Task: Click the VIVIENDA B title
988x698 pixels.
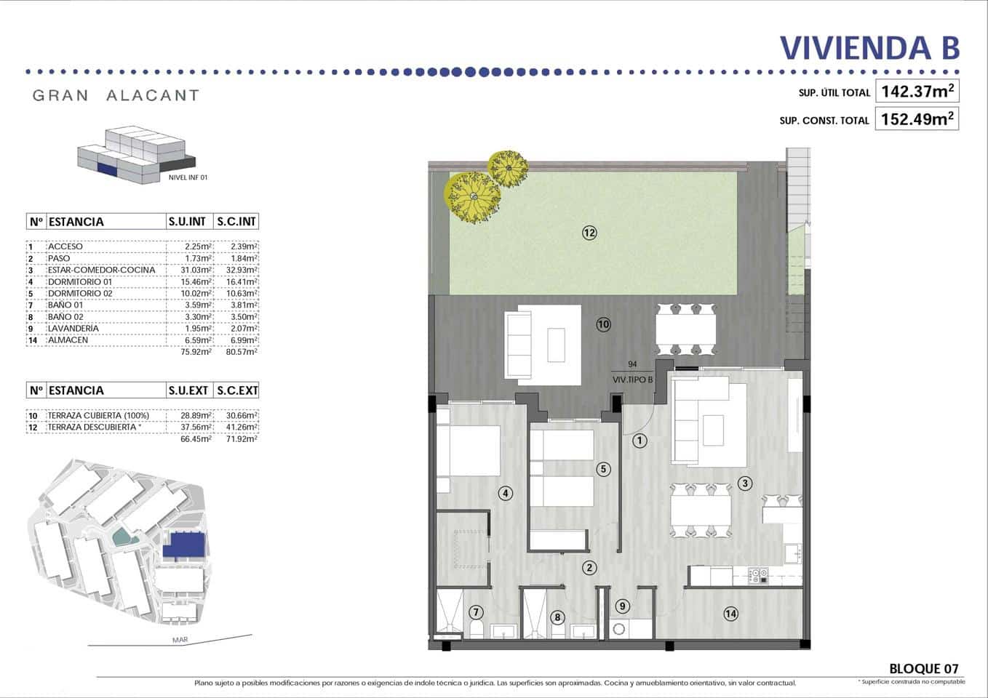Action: (x=869, y=47)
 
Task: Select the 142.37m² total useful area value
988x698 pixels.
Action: (x=917, y=92)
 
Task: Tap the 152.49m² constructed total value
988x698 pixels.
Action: (x=917, y=119)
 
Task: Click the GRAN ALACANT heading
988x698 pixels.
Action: (x=116, y=95)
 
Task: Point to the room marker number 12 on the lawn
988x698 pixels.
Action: (x=589, y=233)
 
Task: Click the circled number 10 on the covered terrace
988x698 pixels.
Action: (x=603, y=324)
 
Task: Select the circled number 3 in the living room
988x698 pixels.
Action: (x=744, y=483)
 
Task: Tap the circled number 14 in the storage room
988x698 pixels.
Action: (x=730, y=614)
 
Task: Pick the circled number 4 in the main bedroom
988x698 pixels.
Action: (x=505, y=493)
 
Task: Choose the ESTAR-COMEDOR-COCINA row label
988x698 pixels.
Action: (x=101, y=270)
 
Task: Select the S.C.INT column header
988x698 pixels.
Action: (x=237, y=222)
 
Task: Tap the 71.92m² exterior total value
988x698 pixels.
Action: (x=242, y=438)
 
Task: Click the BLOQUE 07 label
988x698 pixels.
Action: (x=923, y=668)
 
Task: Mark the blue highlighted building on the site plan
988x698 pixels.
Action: (x=185, y=545)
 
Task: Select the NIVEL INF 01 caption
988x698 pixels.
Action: (x=188, y=177)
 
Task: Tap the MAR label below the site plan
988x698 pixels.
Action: (x=180, y=640)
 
